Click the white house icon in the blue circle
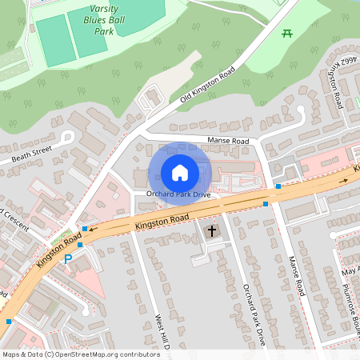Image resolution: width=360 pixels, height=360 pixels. [179, 172]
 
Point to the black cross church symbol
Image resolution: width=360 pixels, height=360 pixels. [212, 232]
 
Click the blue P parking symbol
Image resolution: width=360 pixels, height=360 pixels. [68, 258]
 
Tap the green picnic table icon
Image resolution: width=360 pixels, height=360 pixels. [286, 33]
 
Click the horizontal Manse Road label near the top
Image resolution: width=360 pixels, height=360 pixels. [228, 142]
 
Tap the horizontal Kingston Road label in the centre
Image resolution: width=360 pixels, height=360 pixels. [162, 222]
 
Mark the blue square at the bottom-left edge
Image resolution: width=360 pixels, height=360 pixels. [9, 322]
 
